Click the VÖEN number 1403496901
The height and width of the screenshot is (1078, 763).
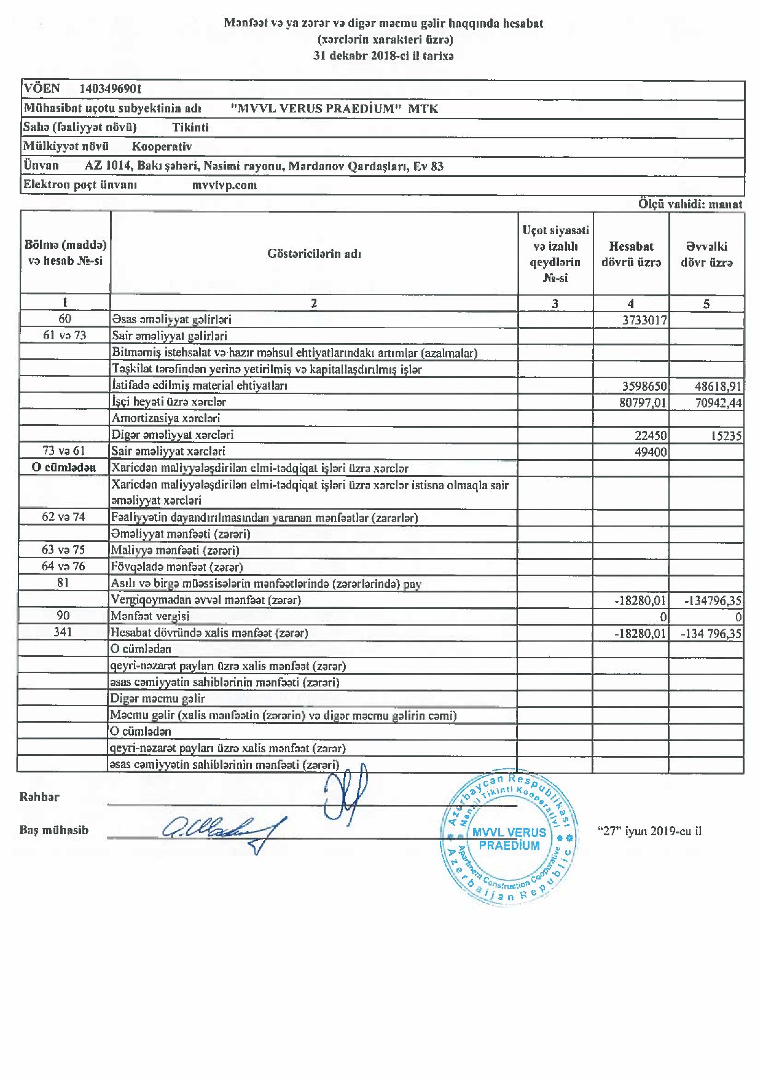[111, 89]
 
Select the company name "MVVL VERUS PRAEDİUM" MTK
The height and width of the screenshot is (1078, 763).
[334, 109]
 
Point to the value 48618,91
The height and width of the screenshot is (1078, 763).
[716, 386]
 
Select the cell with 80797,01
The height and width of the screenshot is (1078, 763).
[640, 403]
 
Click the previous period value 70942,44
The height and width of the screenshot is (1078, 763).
[716, 403]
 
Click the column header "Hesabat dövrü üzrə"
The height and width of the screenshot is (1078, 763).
[631, 254]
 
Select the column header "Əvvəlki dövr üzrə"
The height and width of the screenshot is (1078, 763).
[706, 254]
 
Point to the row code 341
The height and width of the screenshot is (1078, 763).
[63, 632]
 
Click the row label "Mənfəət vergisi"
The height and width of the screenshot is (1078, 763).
[151, 616]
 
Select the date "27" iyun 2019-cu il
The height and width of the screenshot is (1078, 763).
[649, 832]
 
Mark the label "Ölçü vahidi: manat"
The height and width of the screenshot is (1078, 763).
[690, 205]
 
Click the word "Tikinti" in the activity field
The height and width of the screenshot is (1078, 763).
[190, 128]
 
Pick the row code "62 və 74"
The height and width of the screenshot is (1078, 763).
[63, 517]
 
